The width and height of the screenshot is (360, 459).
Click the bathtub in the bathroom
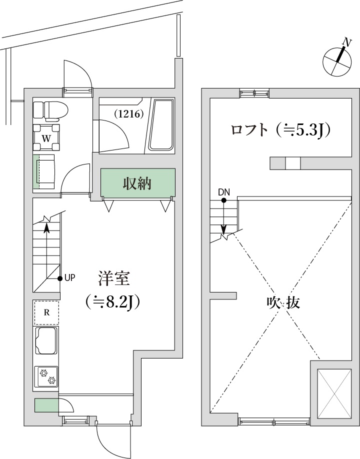pyautogui.click(x=161, y=125)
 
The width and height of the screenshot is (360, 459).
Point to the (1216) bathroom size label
pyautogui.click(x=129, y=113)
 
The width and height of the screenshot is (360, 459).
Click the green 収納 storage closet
pyautogui.click(x=138, y=183)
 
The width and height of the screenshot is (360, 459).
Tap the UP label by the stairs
pyautogui.click(x=69, y=278)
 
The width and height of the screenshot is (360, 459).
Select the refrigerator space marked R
pyautogui.click(x=46, y=313)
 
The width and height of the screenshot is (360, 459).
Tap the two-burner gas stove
pyautogui.click(x=46, y=376)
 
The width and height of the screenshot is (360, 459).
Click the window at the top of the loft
pyautogui.click(x=254, y=92)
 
